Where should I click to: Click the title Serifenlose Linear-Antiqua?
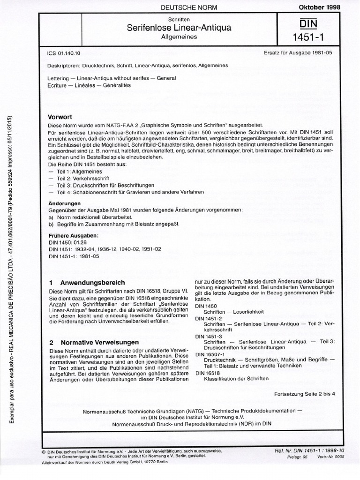tap(172, 28)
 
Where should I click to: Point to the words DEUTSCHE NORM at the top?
tap(172, 7)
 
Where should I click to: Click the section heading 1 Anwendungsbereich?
tap(87, 283)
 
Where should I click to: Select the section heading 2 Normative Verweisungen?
tap(94, 343)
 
